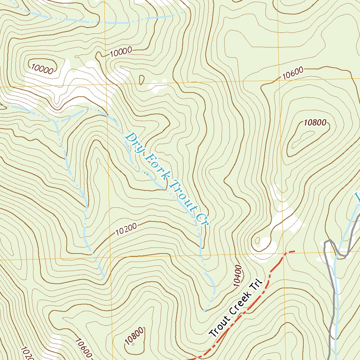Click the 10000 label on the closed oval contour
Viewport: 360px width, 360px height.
tap(42, 68)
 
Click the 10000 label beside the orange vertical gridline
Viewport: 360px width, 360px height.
tap(121, 52)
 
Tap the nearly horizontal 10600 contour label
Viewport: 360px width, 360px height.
tap(292, 73)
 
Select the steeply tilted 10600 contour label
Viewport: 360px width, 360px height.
tap(83, 347)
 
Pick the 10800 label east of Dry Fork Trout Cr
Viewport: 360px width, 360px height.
tap(315, 123)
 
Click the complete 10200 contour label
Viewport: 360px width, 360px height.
tap(126, 229)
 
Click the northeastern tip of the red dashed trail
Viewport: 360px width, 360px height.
tap(294, 251)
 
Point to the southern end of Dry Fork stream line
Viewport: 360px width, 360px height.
tap(205, 311)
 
